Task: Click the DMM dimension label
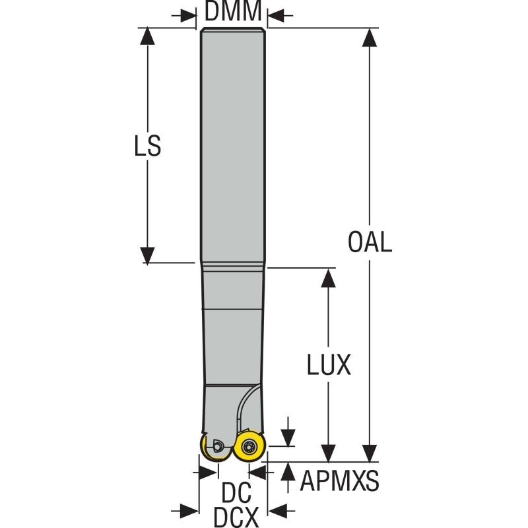pyautogui.click(x=233, y=11)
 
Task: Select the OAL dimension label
pyautogui.click(x=370, y=242)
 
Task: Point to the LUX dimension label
pyautogui.click(x=329, y=365)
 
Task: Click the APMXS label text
pyautogui.click(x=340, y=482)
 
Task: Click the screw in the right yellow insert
pyautogui.click(x=249, y=447)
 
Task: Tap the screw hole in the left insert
pyautogui.click(x=217, y=447)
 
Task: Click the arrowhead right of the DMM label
pyautogui.click(x=274, y=13)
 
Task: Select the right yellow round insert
pyautogui.click(x=249, y=447)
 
